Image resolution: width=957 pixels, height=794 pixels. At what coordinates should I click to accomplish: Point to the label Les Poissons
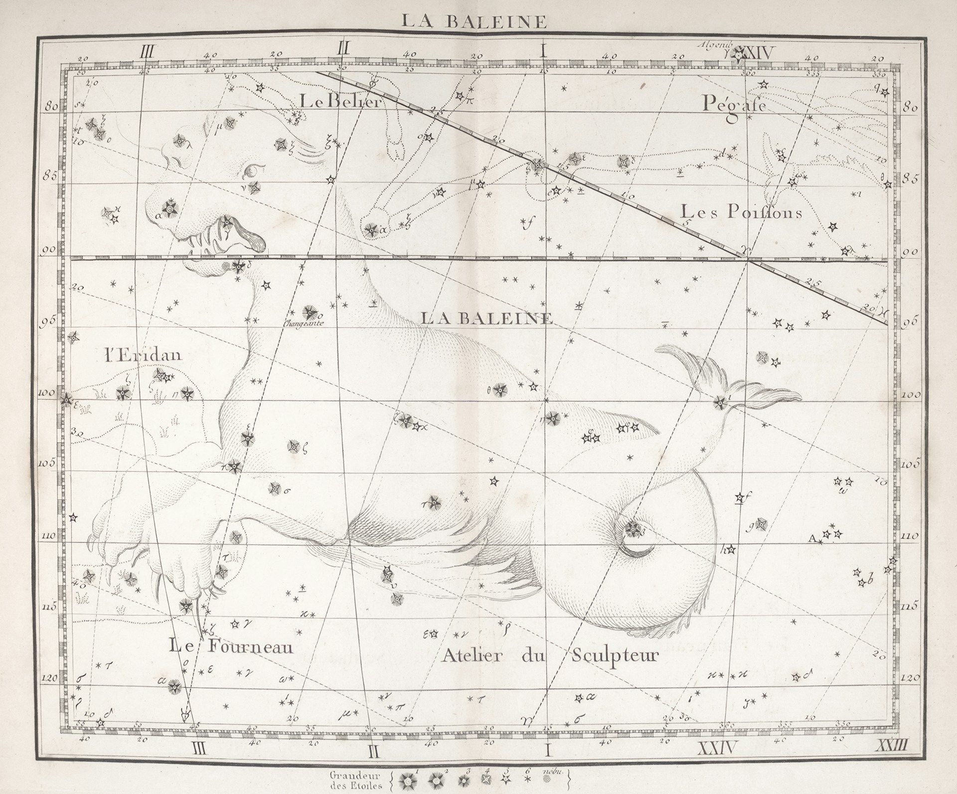(x=742, y=212)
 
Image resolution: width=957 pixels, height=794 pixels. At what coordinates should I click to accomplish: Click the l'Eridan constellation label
(x=143, y=355)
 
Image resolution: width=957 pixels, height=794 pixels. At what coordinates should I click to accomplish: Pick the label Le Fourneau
(x=231, y=646)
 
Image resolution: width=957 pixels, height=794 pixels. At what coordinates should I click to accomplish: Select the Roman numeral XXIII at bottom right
(x=893, y=747)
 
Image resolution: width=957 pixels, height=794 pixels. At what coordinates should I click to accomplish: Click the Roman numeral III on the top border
(x=149, y=50)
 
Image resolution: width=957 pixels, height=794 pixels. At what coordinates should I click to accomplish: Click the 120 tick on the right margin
(x=910, y=678)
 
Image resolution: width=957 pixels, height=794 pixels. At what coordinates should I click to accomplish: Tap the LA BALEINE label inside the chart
(x=487, y=318)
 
